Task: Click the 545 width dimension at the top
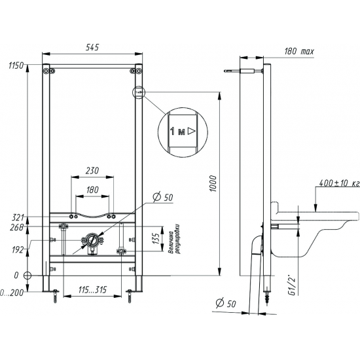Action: [92, 47]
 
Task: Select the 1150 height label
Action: [16, 65]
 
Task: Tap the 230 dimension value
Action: [92, 171]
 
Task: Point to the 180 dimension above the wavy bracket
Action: [92, 190]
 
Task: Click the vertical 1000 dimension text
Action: [213, 184]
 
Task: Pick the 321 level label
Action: [18, 217]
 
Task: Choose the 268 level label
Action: [17, 227]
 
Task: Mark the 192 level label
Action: [18, 250]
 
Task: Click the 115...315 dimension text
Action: [92, 290]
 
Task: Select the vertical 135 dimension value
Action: [156, 239]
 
